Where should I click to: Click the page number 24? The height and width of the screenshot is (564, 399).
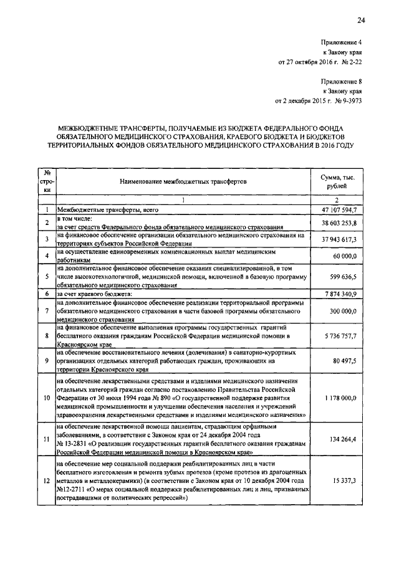click(361, 21)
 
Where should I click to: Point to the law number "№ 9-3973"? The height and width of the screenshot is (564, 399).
click(345, 101)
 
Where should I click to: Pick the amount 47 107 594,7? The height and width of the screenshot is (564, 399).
click(337, 211)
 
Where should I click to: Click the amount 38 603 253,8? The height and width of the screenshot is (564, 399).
click(337, 223)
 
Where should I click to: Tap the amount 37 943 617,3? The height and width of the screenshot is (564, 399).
click(337, 239)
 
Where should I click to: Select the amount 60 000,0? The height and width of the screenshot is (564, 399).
click(342, 256)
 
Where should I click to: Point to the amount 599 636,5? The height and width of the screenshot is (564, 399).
click(340, 276)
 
